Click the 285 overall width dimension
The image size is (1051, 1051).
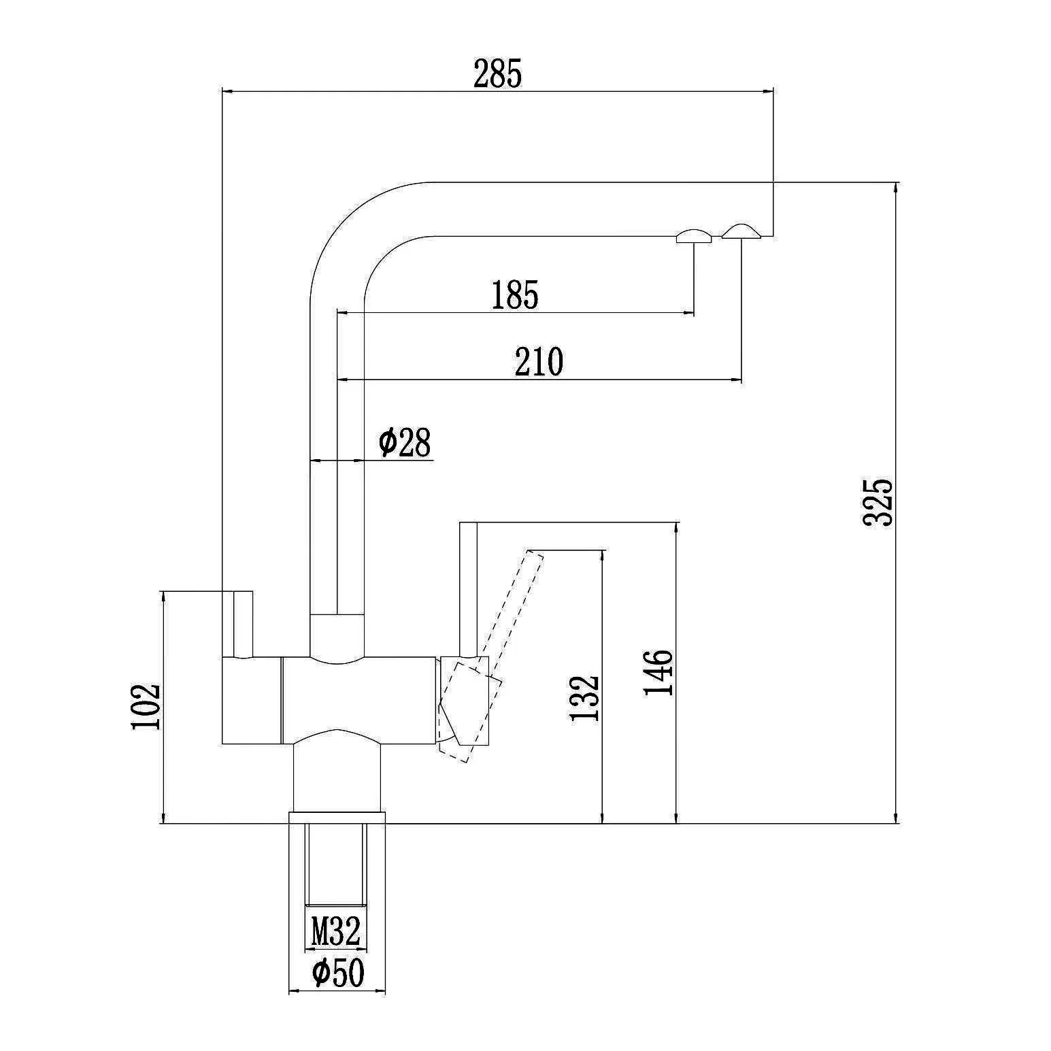tap(497, 74)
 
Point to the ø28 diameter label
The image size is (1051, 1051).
tap(405, 442)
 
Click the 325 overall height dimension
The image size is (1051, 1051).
tap(878, 502)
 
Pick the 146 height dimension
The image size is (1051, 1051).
tap(658, 672)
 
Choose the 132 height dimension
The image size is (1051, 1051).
tap(584, 698)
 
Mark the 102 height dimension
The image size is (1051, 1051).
tap(146, 706)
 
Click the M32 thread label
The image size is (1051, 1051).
tap(335, 931)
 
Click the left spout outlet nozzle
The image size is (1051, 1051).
tap(693, 236)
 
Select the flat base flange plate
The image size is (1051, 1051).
tap(337, 817)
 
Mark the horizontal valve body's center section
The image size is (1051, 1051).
tap(358, 700)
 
